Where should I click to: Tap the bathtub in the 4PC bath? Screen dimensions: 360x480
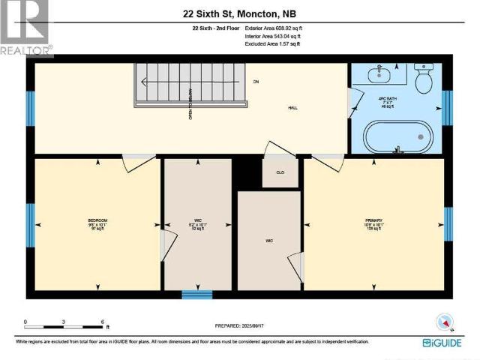click(398, 136)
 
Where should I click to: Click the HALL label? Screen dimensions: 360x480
click(294, 108)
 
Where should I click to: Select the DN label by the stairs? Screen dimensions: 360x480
click(255, 81)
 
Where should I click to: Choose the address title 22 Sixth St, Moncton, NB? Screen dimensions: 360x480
click(239, 12)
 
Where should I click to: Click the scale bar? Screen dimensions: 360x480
click(64, 326)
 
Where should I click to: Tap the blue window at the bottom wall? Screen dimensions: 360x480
click(197, 295)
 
